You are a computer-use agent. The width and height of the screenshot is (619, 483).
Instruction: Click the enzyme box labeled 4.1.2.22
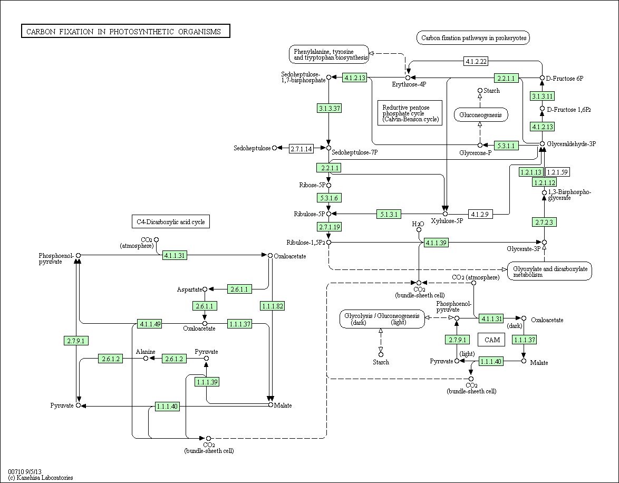(476, 61)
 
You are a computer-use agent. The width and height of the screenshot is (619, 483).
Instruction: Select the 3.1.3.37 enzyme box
(329, 108)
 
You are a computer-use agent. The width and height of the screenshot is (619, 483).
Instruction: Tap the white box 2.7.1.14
(301, 149)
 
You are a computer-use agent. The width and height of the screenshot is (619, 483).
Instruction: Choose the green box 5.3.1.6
(329, 198)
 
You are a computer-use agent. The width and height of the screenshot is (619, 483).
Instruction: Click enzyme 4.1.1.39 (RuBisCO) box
(436, 243)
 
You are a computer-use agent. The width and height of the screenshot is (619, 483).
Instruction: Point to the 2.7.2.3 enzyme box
(544, 223)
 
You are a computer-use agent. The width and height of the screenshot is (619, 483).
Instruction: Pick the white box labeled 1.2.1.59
(557, 172)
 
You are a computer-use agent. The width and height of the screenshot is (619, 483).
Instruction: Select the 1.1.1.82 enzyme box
(273, 306)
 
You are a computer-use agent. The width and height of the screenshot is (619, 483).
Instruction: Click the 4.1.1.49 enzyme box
(150, 324)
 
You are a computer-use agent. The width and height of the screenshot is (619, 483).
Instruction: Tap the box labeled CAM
(492, 340)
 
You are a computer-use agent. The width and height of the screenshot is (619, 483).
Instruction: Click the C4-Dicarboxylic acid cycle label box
(170, 221)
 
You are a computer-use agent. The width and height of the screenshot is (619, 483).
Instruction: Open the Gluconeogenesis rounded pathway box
(480, 115)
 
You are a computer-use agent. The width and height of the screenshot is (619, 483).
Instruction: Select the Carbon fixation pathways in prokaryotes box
(473, 38)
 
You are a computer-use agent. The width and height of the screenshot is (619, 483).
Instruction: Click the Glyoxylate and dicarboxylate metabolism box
(549, 272)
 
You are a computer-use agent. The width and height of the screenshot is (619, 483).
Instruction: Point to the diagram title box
(125, 31)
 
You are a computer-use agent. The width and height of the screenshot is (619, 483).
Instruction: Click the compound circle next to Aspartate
(205, 289)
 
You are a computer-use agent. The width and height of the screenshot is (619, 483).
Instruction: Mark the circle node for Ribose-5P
(328, 185)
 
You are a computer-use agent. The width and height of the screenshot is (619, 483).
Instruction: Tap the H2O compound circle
(419, 229)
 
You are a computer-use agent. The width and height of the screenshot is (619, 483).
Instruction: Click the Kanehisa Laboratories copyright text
(40, 478)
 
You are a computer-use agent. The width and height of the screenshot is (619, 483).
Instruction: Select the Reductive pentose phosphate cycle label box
(410, 113)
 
